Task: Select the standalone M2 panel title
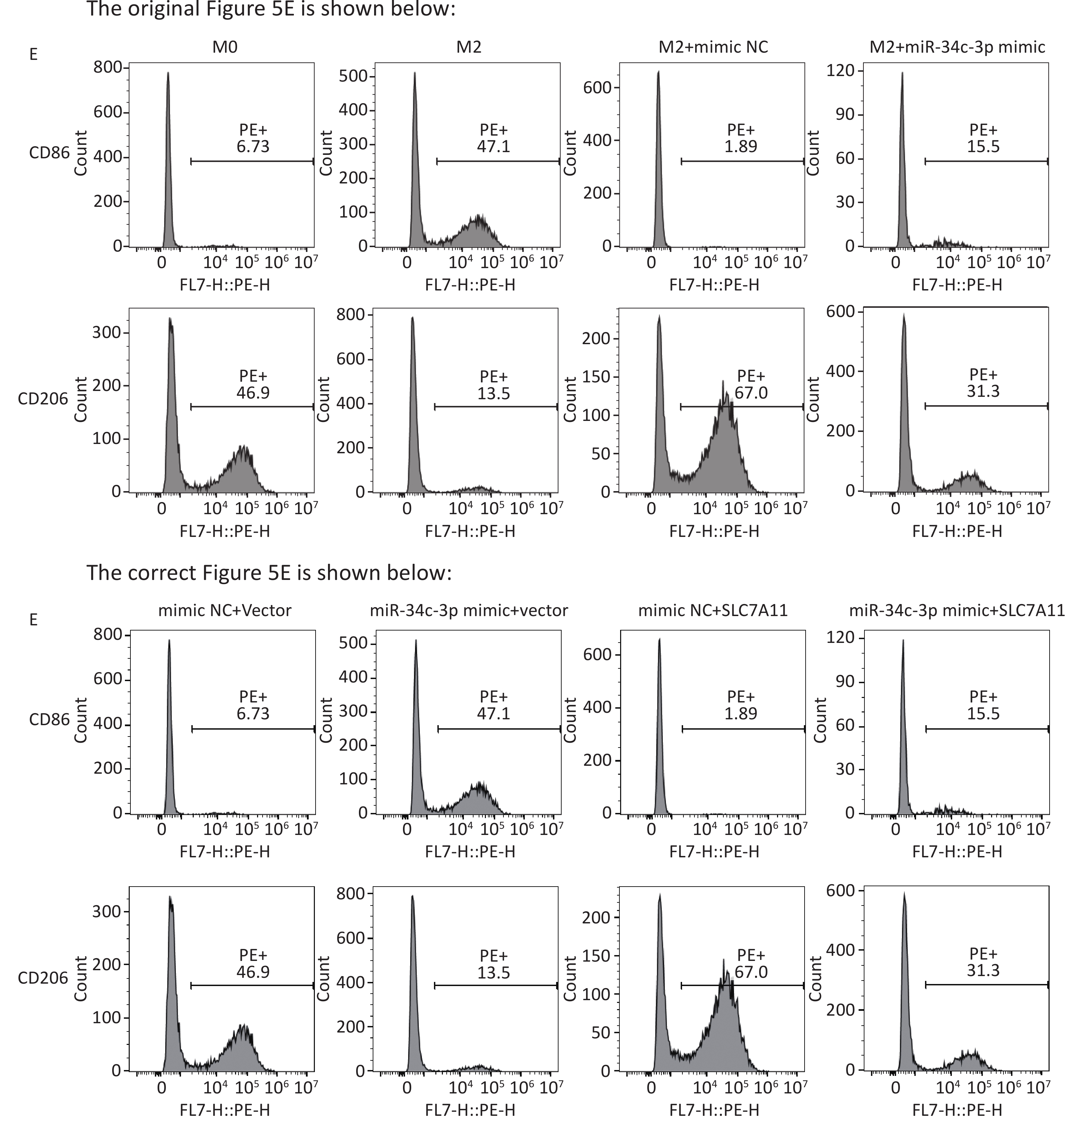tap(469, 47)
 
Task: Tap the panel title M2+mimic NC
tap(713, 47)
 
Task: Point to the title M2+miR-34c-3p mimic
tap(957, 47)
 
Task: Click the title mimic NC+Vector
tap(224, 610)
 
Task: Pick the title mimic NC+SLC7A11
tap(713, 610)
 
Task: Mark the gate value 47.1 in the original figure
tap(493, 147)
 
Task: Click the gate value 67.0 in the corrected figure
tap(751, 972)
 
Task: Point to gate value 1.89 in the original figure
tap(741, 147)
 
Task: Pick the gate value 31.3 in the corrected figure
tap(983, 970)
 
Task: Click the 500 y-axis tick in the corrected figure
tap(353, 643)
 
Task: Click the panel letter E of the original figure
tap(33, 54)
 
